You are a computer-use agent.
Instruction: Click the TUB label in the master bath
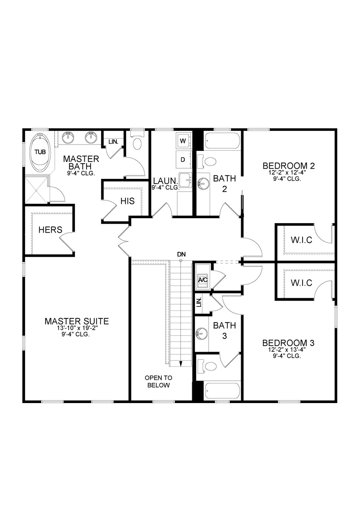[x=40, y=152]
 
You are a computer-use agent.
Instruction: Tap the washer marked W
[x=183, y=141]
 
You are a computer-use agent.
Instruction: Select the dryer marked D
[x=183, y=160]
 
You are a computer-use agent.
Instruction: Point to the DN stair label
[x=181, y=254]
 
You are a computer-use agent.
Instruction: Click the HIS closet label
[x=127, y=201]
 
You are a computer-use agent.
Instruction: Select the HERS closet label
[x=50, y=230]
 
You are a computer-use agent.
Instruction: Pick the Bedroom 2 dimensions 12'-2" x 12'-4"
[x=287, y=173]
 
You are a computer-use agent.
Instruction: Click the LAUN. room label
[x=165, y=181]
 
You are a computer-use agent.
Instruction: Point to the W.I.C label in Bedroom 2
[x=301, y=240]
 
